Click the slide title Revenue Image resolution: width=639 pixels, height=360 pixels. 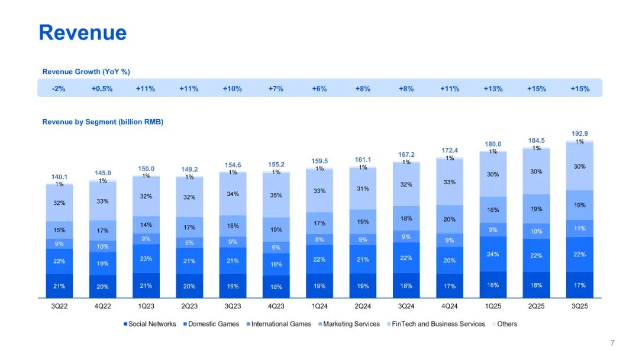[83, 33]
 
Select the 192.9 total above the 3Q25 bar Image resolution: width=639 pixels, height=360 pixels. [580, 134]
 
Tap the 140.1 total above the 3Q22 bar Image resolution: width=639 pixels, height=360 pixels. [59, 176]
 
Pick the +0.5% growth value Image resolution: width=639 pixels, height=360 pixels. [102, 89]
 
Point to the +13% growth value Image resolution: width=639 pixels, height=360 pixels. [493, 89]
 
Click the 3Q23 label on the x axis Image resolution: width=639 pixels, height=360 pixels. [233, 307]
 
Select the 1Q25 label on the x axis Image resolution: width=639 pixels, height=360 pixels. [493, 307]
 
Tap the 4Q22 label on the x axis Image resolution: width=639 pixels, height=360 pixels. [102, 307]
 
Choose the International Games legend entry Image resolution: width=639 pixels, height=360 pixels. [281, 324]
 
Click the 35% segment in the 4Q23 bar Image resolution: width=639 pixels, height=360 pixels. [276, 195]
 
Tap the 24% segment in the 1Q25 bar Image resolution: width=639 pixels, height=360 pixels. [493, 254]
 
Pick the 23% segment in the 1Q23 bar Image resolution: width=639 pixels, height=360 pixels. [146, 258]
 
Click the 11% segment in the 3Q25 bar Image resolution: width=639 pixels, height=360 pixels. [580, 228]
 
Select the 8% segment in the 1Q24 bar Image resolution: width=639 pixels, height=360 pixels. [319, 239]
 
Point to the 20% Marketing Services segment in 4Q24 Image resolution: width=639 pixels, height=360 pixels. [450, 219]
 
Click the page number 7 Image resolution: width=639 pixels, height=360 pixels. [612, 343]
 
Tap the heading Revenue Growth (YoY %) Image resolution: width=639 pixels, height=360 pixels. [86, 72]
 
